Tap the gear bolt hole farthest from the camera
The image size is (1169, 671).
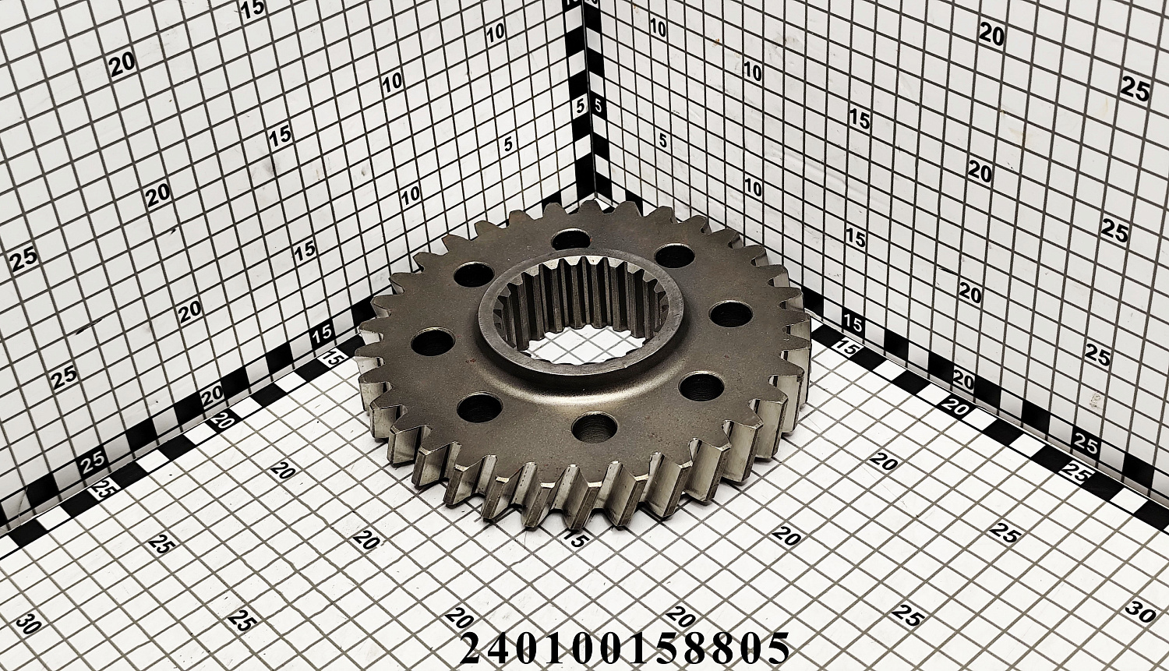pyautogui.click(x=571, y=240)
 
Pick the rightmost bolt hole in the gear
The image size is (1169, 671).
pyautogui.click(x=732, y=315)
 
